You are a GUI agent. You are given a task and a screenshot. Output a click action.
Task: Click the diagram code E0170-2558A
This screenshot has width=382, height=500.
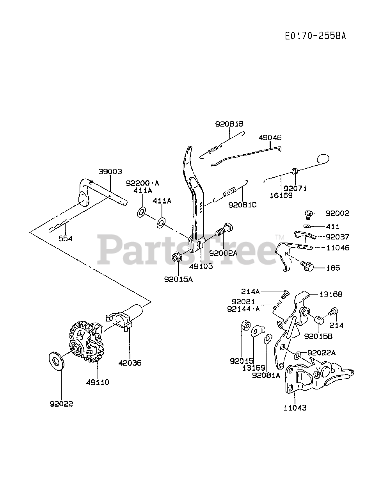tap(315, 36)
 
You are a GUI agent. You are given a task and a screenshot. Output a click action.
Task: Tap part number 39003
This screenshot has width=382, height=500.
tap(110, 171)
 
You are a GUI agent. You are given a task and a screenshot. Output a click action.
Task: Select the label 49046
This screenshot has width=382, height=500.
tap(270, 138)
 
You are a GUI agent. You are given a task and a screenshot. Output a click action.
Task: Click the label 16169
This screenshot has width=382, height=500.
tap(281, 195)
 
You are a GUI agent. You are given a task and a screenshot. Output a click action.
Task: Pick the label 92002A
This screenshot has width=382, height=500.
tap(223, 253)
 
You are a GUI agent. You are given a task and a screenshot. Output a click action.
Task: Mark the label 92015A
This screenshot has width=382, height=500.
tap(178, 279)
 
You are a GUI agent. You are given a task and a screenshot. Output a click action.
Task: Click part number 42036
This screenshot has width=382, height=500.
tap(130, 362)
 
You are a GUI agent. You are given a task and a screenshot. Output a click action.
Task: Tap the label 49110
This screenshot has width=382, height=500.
tap(98, 382)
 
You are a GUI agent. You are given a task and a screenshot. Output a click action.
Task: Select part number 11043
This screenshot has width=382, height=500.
tap(295, 407)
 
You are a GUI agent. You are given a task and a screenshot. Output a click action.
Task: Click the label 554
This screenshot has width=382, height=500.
tap(65, 238)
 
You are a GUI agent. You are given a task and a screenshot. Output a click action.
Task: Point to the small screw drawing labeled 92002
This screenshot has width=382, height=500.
tap(309, 214)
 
